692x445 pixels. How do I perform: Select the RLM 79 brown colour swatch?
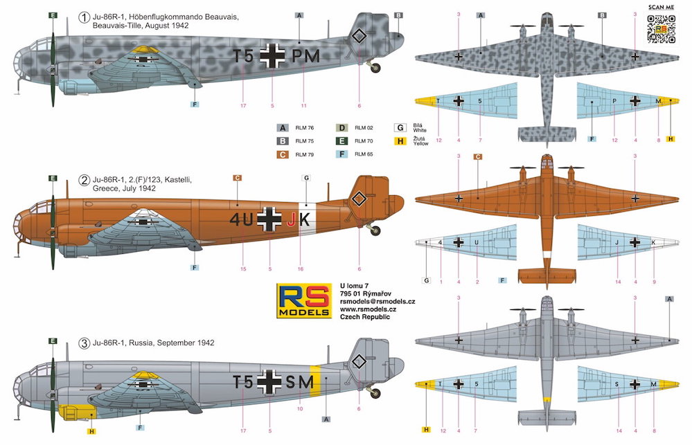pyautogui.click(x=282, y=154)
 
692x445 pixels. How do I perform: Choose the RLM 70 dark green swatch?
pyautogui.click(x=341, y=140)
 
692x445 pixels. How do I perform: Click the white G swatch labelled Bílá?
pyautogui.click(x=400, y=127)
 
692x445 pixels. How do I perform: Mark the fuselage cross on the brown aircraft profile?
pyautogui.click(x=269, y=221)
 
